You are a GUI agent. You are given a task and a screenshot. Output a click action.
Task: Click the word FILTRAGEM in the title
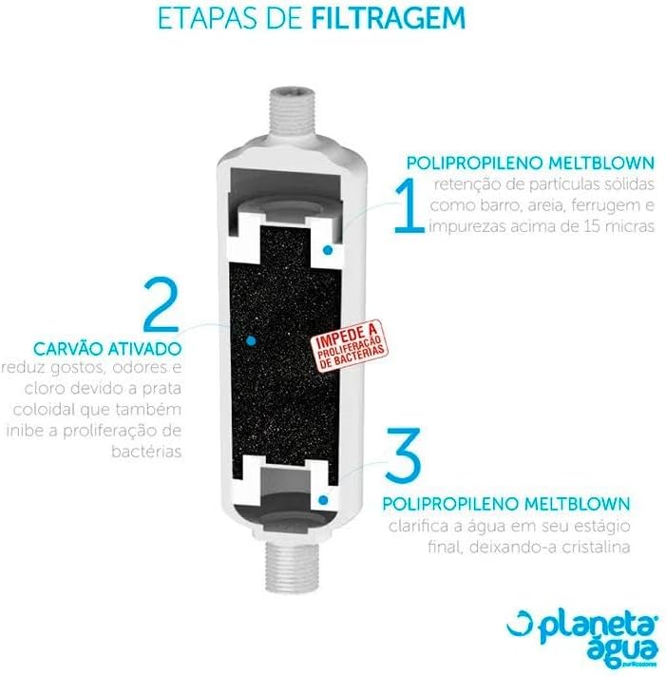388,18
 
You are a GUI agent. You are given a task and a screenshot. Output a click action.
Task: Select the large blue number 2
161,304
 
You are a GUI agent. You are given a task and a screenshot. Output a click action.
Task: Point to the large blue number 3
403,454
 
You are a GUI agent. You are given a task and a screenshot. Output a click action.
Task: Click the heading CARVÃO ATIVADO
107,348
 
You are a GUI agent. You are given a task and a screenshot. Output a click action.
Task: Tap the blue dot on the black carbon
251,341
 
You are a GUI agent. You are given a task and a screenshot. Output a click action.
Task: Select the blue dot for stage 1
328,250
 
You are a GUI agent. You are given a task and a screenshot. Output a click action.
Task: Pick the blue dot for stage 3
323,500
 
